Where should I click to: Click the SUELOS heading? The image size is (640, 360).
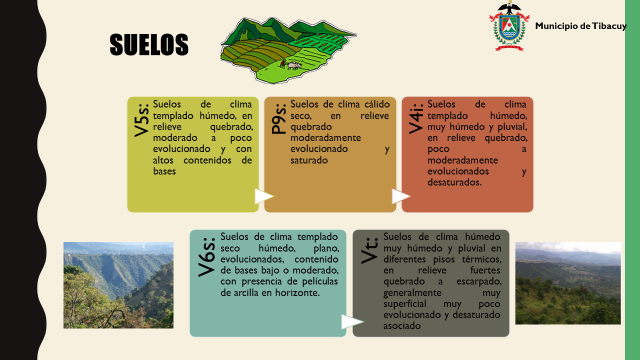pos(149,44)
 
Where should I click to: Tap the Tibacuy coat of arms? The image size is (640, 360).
pos(509,26)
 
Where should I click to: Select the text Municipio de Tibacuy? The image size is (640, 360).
pos(580,26)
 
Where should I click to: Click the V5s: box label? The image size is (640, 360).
pos(141,119)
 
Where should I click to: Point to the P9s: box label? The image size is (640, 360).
pos(278,118)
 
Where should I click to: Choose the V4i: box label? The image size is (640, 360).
pos(415,118)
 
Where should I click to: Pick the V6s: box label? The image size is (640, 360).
pos(206,256)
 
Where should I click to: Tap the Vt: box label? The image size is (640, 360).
pos(369,250)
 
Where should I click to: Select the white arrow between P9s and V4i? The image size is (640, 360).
pos(401,196)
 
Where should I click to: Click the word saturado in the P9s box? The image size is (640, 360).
pos(309,160)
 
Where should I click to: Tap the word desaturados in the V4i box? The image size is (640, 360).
pos(454,182)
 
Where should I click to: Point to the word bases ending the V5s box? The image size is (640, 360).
pos(164,171)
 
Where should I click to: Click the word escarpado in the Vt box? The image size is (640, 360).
pos(479,281)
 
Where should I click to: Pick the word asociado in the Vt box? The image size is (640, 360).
pos(402,326)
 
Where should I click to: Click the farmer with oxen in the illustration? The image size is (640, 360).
pos(290,64)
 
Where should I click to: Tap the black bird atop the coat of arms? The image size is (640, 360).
pos(509,7)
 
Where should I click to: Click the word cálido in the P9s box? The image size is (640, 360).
pos(377,104)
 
